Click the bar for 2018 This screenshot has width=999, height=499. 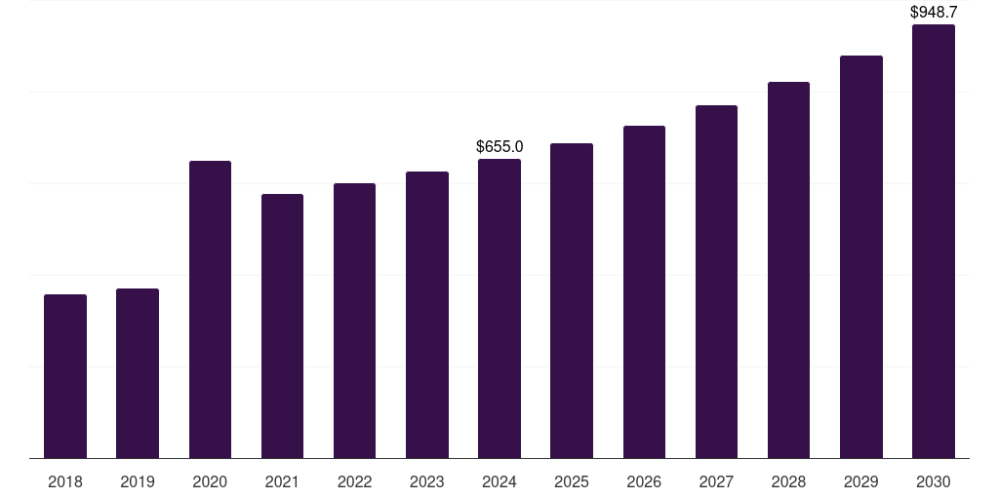(x=65, y=376)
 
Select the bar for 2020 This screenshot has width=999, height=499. (x=210, y=310)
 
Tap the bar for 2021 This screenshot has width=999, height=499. (x=282, y=326)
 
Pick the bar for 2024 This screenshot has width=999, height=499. (x=499, y=309)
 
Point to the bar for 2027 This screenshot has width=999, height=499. (x=716, y=282)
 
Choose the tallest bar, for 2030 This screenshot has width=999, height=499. (x=934, y=242)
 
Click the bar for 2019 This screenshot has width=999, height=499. (x=138, y=373)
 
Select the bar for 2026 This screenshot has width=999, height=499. (x=644, y=292)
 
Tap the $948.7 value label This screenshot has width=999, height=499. (x=934, y=13)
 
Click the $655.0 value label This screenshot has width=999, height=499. (x=499, y=147)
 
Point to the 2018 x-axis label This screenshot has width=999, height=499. (x=65, y=481)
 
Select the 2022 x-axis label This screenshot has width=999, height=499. (x=354, y=481)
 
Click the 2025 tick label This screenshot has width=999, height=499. (x=572, y=481)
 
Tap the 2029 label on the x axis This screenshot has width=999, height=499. (x=861, y=481)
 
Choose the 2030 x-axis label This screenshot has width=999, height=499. (x=934, y=481)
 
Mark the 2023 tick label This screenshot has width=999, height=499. (x=427, y=481)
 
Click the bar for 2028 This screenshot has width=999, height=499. (x=788, y=270)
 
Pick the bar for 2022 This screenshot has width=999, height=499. (x=354, y=321)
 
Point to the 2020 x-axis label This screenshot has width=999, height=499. (x=210, y=481)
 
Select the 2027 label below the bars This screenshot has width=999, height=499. (x=716, y=481)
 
